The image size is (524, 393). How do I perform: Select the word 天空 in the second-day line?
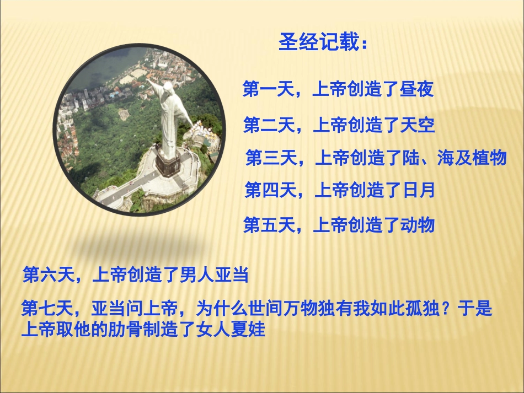[x=418, y=126]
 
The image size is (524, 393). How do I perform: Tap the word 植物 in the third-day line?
[x=489, y=158]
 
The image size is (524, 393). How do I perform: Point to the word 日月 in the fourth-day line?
[x=418, y=191]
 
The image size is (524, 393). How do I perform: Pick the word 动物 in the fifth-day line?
[x=418, y=225]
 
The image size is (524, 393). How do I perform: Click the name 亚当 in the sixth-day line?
[x=233, y=274]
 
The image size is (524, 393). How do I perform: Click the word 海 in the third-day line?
[x=445, y=158]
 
